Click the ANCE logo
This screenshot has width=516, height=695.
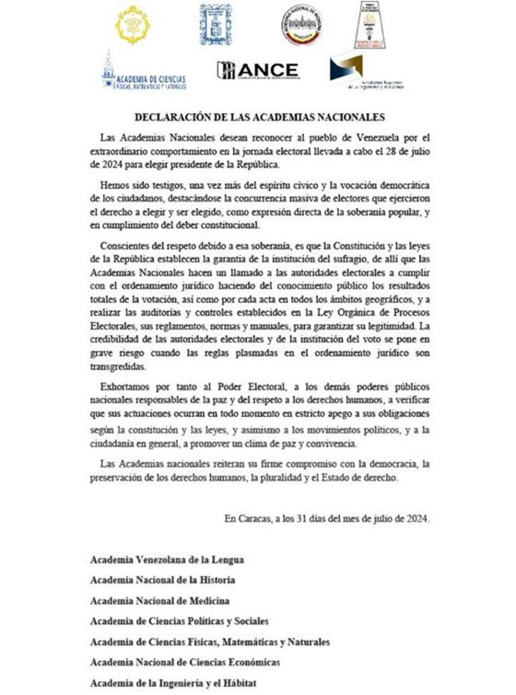(257, 70)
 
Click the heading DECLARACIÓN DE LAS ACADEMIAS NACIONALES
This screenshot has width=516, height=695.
(257, 117)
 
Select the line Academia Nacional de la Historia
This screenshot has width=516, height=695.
(161, 580)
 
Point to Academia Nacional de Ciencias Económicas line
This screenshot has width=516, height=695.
(184, 662)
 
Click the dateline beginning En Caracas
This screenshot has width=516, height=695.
(327, 518)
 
